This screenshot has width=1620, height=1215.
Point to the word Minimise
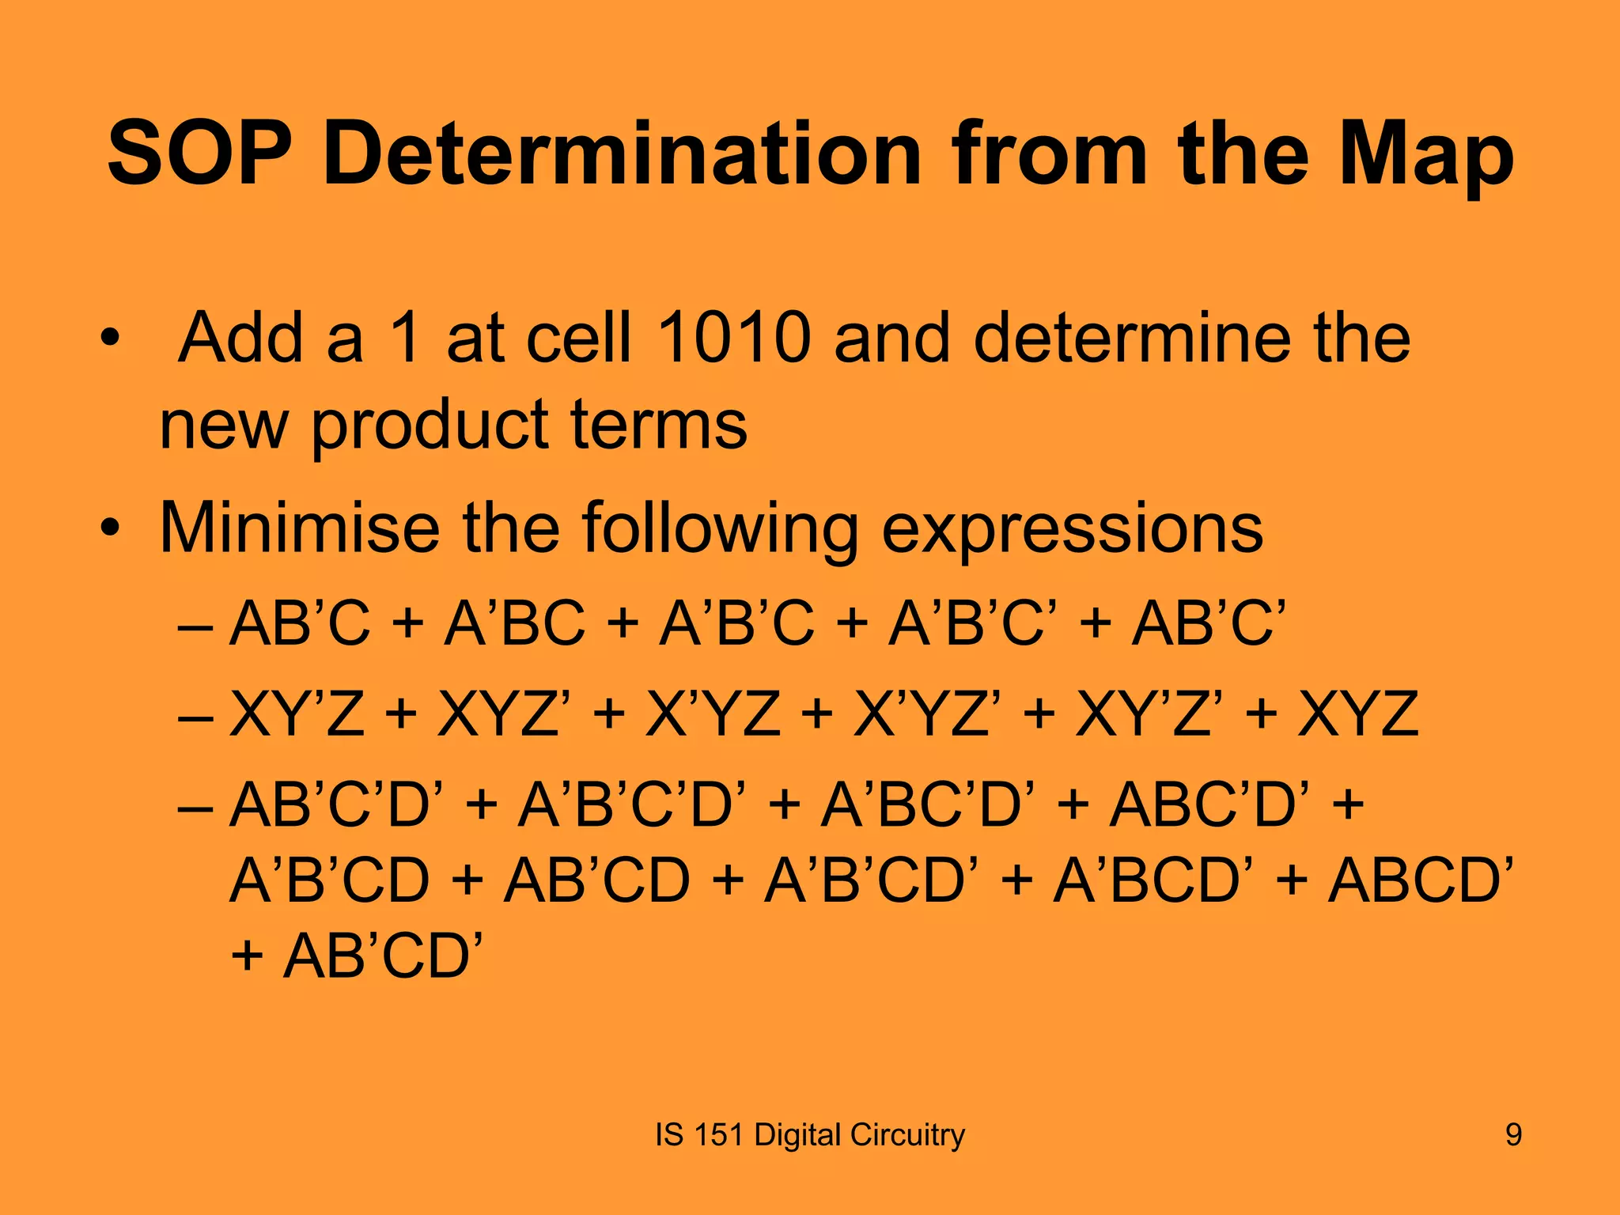click(x=299, y=528)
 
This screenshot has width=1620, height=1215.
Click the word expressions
click(x=1072, y=529)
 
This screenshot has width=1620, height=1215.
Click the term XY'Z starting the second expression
click(x=297, y=713)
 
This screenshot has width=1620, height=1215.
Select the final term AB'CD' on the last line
click(x=383, y=956)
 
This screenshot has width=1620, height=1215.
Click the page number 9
click(x=1512, y=1135)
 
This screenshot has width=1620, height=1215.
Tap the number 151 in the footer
click(x=718, y=1135)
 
